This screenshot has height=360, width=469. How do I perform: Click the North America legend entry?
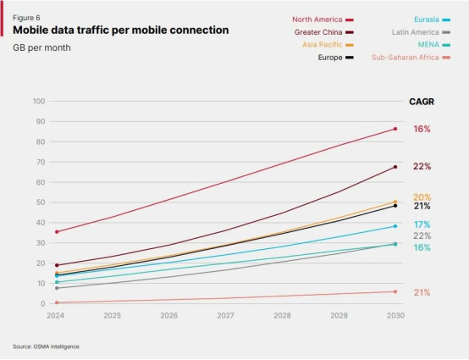pos(323,19)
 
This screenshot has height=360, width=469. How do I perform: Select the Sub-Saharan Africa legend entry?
pos(411,58)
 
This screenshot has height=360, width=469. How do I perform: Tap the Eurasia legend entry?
pos(432,19)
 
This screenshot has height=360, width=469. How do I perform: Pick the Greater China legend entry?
pos(323,32)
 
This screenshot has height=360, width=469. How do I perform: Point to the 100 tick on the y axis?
pos(39,101)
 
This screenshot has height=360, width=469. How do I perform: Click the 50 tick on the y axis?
pos(41,202)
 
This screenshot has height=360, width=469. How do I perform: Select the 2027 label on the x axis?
pos(225,315)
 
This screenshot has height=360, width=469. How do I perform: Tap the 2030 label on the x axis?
pos(395,315)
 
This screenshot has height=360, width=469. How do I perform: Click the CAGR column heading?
pos(422,102)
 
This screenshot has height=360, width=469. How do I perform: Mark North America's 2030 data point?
pos(395,129)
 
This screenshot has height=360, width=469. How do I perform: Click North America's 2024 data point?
pos(57,232)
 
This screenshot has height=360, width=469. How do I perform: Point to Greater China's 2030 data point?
pos(395,167)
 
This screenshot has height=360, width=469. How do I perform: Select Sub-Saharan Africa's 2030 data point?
pos(395,291)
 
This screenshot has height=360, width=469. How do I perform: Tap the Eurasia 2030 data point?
pos(395,226)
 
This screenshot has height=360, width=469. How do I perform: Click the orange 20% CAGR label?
pos(422,197)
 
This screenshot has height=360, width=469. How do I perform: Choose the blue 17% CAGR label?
pos(422,224)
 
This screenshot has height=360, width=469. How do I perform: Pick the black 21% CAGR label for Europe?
pos(422,206)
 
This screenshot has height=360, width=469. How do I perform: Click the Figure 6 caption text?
pos(26,18)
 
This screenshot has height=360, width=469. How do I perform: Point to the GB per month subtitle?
pos(41,47)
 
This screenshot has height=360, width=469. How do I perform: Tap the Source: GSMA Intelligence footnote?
pos(46,346)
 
